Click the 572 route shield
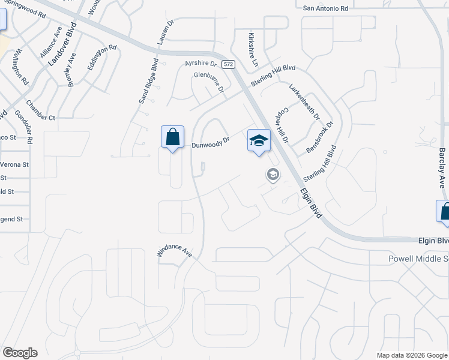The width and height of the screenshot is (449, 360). (x=228, y=64)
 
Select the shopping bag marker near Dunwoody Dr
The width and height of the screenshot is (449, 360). (x=173, y=137)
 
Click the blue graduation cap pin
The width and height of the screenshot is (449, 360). (x=259, y=141)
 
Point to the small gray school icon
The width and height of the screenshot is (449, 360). (x=273, y=175)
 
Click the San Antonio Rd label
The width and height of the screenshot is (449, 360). (x=325, y=8)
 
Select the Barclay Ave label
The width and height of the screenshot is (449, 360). (x=442, y=168)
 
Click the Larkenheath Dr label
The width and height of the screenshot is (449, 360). (x=304, y=101)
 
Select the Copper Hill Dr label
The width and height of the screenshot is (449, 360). (x=282, y=126)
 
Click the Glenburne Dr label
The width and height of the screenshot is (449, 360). (x=208, y=82)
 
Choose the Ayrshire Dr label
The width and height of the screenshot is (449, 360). (x=200, y=63)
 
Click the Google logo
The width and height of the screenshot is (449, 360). (x=20, y=353)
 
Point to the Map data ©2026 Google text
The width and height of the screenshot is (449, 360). (x=411, y=355)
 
